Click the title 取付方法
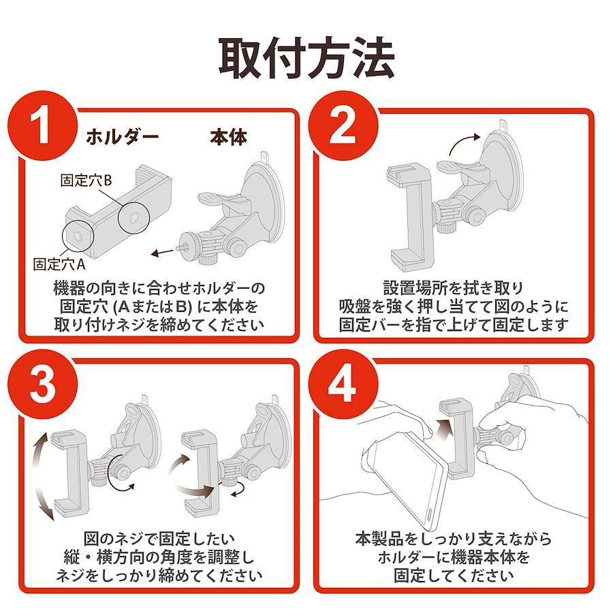coord(306,59)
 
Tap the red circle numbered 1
coord(43,125)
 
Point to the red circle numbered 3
coord(43,384)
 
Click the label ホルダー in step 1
coord(123,137)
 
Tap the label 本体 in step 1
coord(229,137)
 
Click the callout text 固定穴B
coord(87,180)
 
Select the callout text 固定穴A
coord(59,264)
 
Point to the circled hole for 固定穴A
coord(78,236)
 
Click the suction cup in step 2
coord(501,172)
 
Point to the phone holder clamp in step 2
coord(409,217)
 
